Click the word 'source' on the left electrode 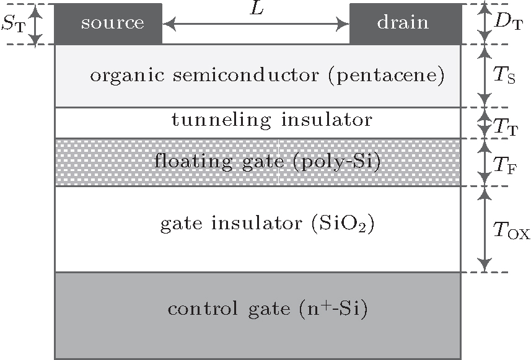tap(112, 23)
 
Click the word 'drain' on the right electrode tap(403, 23)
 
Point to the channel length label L tap(255, 9)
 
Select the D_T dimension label tap(508, 24)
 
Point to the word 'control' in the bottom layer tap(196, 309)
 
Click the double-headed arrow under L tap(256, 24)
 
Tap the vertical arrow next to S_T tap(37, 24)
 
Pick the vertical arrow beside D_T tap(485, 24)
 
